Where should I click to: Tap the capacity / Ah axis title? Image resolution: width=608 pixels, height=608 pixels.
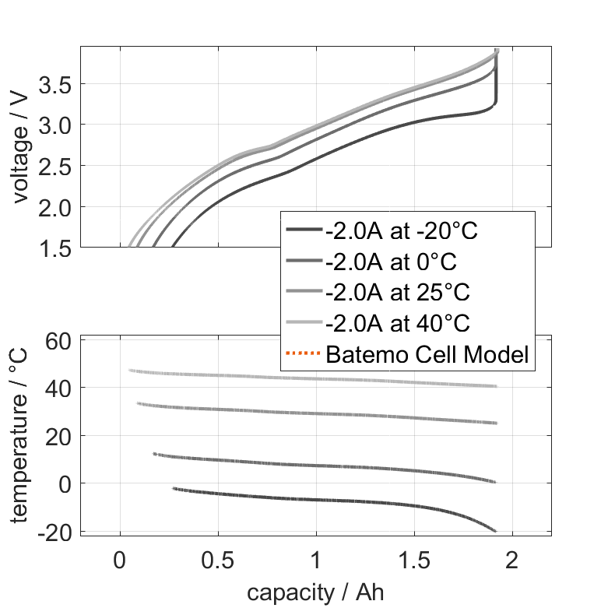pos(315,592)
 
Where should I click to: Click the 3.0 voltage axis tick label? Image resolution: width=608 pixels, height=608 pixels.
pos(57,125)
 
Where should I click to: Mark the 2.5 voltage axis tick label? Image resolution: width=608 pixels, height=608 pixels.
pos(57,166)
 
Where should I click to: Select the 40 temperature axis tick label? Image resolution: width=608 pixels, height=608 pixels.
pos(61,388)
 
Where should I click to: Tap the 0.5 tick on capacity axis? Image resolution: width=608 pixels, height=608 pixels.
pos(217,561)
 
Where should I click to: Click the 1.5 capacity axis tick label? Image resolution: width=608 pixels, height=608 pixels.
pos(413,561)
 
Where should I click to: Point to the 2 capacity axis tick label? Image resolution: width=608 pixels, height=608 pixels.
pos(511,561)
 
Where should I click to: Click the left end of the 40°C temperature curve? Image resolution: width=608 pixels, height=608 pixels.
pos(129,371)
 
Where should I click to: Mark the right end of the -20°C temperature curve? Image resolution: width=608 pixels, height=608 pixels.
pos(496,531)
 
